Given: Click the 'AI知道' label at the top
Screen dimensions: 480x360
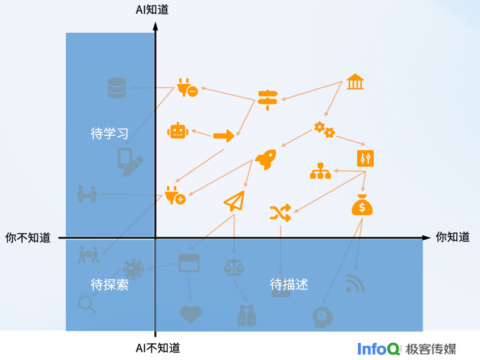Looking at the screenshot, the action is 152,9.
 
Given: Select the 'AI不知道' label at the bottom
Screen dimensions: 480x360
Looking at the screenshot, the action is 157,348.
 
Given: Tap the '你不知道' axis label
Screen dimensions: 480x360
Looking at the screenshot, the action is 28,237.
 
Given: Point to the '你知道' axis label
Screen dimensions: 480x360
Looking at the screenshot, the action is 452,237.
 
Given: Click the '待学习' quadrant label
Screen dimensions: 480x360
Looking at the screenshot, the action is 109,133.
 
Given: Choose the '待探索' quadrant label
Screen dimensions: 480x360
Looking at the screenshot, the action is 109,285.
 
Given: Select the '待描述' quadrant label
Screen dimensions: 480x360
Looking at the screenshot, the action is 289,284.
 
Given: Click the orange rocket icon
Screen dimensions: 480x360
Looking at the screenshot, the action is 266,158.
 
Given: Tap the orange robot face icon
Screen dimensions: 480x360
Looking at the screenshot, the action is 177,131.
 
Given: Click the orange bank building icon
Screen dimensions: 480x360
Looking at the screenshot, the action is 355,82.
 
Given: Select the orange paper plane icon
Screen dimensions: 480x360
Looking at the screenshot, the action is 234,202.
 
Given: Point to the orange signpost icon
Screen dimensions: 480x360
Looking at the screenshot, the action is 268,98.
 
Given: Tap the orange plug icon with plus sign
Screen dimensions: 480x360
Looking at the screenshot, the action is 175,195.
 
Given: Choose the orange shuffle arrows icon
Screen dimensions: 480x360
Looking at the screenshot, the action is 280,212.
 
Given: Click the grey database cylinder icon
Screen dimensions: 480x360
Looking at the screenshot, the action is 117,88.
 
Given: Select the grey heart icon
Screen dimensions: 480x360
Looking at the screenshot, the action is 190,314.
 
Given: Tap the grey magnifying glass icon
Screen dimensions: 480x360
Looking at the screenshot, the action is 87,304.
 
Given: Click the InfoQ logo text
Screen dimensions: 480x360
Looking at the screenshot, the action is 379,348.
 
